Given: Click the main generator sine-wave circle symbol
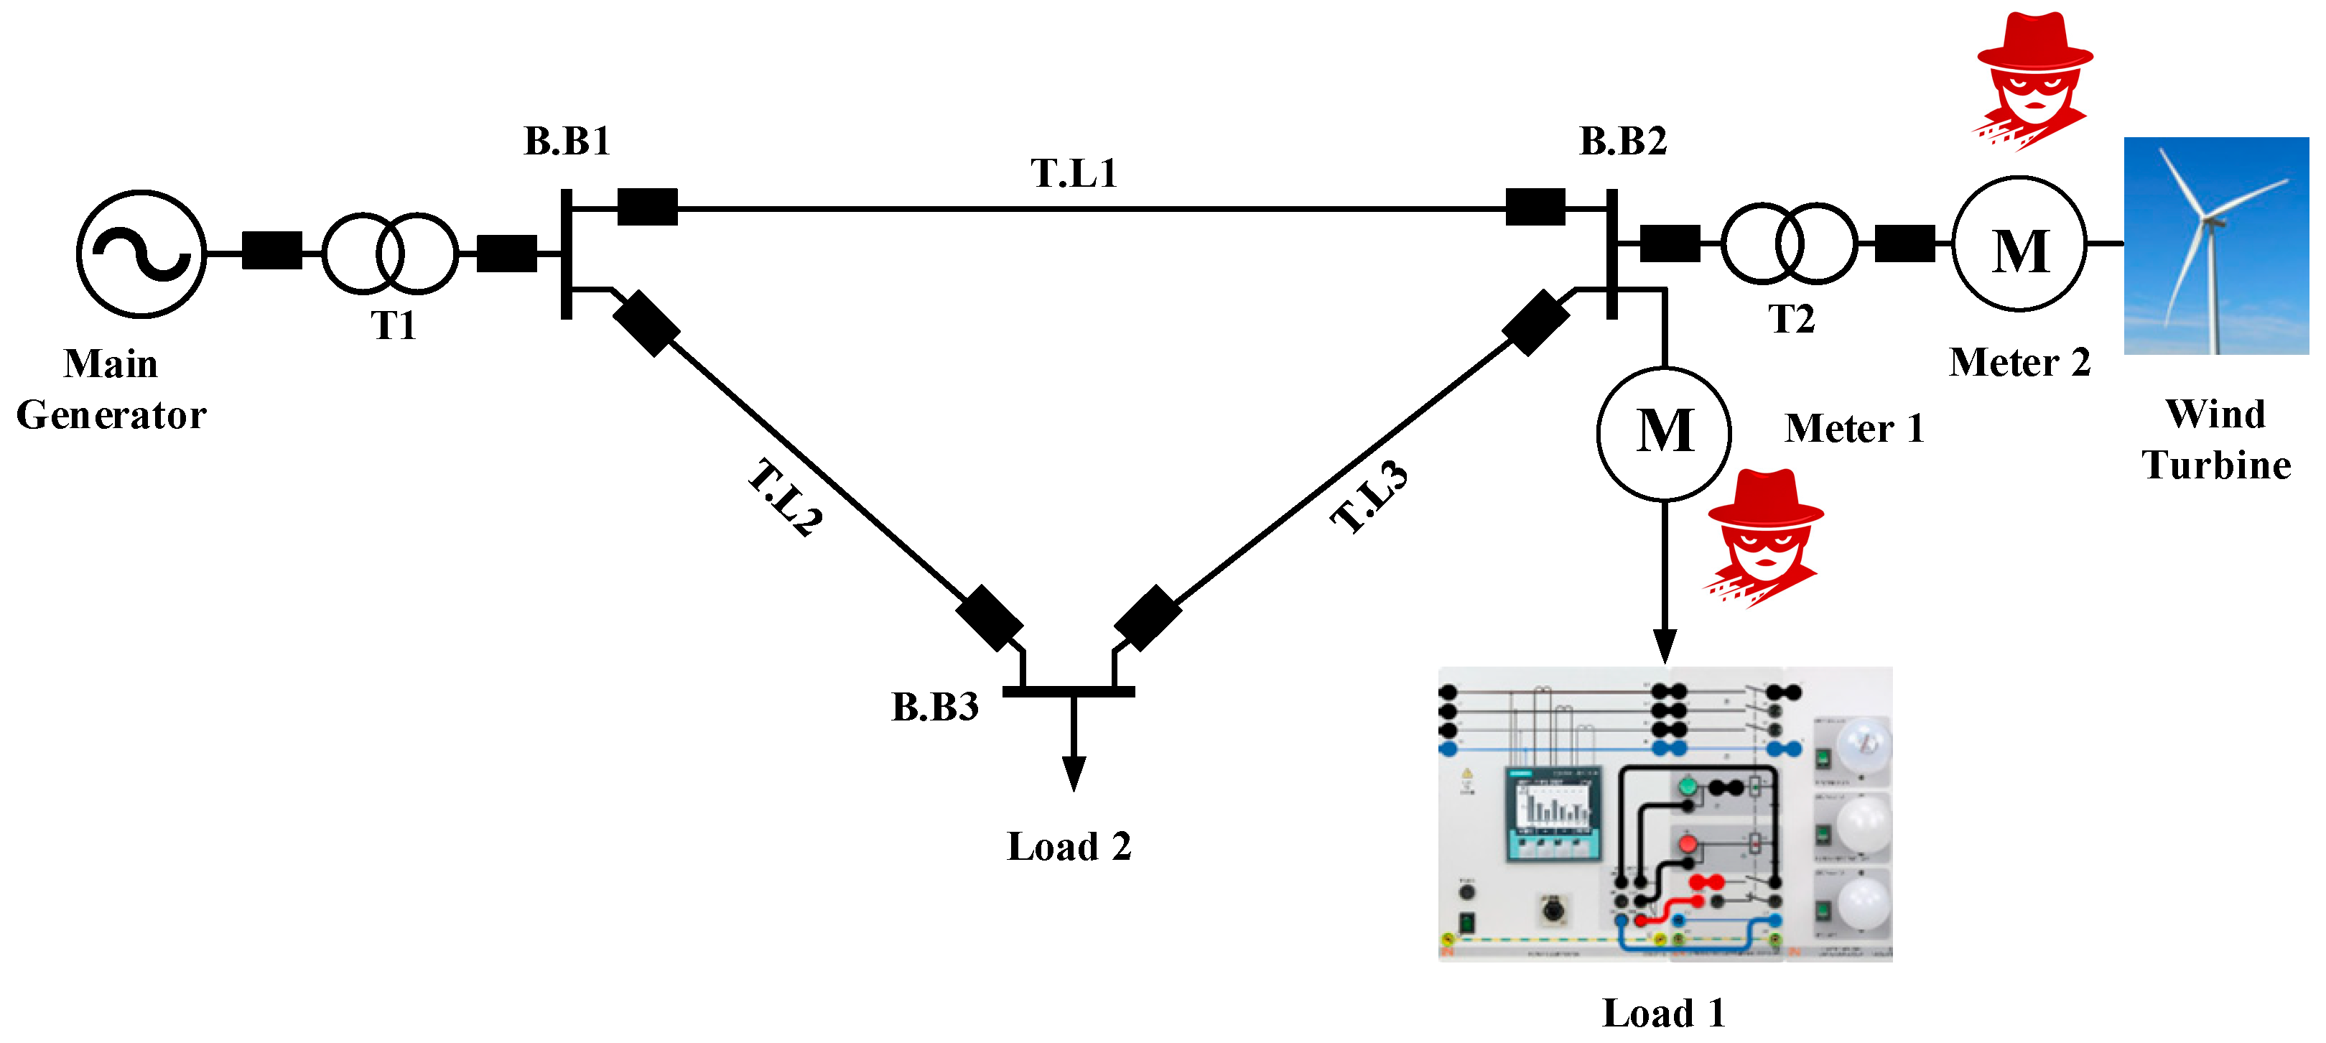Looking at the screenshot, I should tap(141, 254).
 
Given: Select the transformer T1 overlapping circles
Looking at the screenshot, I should tap(390, 254).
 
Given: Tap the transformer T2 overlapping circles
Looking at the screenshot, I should tap(1789, 244).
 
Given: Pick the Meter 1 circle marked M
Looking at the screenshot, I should tap(1663, 433).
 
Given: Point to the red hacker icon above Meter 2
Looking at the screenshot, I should tap(2034, 80).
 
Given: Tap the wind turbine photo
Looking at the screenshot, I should tap(2216, 246).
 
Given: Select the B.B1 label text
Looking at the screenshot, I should tap(567, 142).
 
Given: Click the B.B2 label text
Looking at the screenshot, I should tap(1623, 142).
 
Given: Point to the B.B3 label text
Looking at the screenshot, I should tap(934, 707).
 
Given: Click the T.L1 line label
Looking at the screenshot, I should tap(1074, 173).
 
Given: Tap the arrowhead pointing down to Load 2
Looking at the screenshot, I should tap(1074, 773).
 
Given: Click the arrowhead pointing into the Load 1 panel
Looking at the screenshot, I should tap(1664, 645).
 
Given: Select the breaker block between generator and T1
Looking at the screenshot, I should tap(271, 250).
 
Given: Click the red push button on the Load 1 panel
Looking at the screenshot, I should tap(1687, 844).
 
